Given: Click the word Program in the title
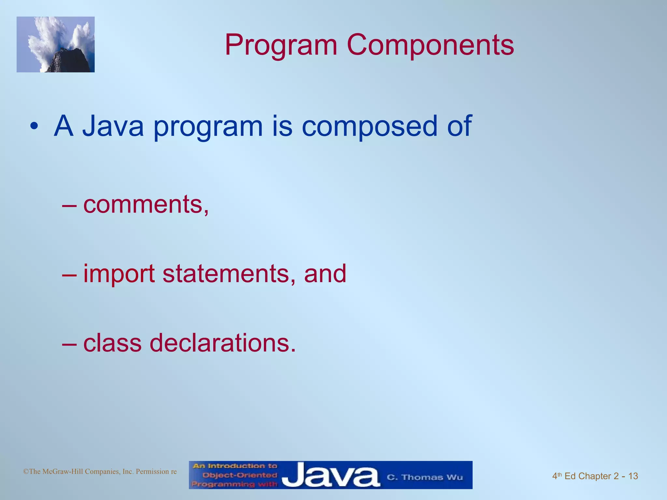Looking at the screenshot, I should pyautogui.click(x=281, y=46).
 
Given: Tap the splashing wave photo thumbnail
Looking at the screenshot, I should pyautogui.click(x=55, y=44).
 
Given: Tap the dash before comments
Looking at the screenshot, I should pyautogui.click(x=69, y=205).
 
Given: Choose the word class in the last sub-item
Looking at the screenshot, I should pyautogui.click(x=112, y=343).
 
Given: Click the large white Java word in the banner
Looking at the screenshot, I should pyautogui.click(x=330, y=476).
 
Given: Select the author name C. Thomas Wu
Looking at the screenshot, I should pyautogui.click(x=424, y=477).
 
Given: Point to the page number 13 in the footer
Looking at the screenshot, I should pyautogui.click(x=633, y=476).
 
